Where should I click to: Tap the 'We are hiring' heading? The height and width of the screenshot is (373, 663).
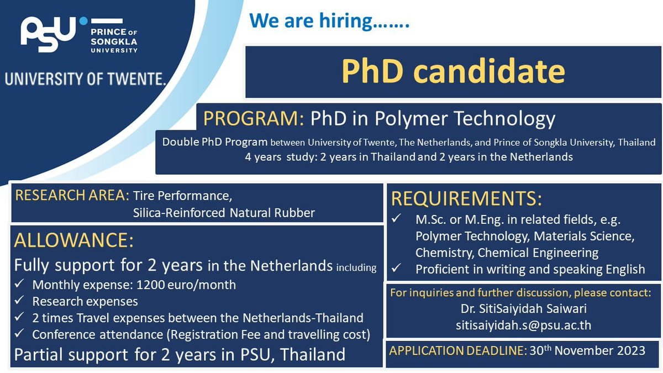tap(329, 22)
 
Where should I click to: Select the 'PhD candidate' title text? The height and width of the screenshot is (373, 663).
tap(452, 71)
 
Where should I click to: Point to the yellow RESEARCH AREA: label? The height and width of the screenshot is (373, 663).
tap(72, 195)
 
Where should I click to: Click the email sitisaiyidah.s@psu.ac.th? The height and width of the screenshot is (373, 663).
tap(523, 325)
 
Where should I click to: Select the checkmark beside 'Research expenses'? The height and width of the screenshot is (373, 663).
tap(20, 302)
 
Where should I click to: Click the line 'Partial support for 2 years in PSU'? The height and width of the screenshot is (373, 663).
tap(180, 354)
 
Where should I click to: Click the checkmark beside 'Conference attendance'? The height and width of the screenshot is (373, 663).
tap(20, 334)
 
